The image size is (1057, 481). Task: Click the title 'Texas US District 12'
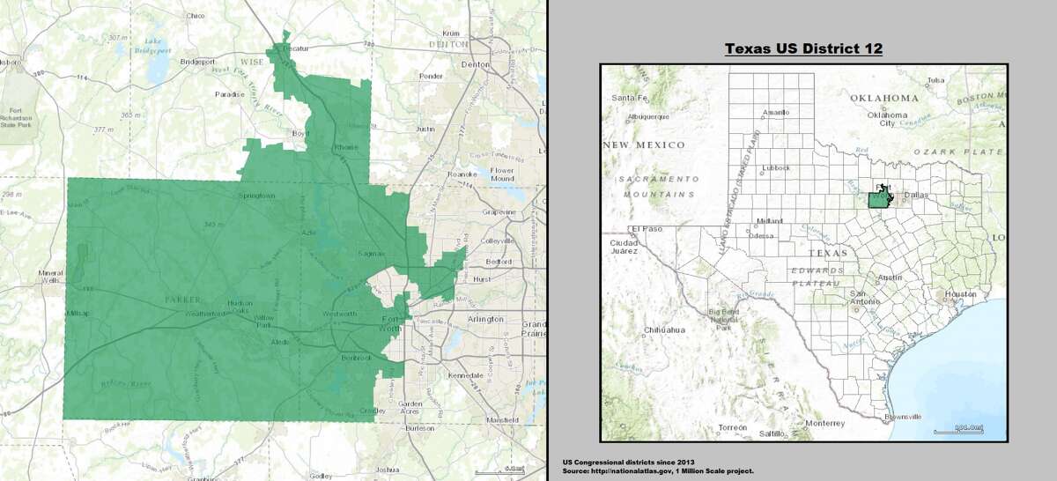coord(803,48)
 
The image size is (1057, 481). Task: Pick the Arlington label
coord(485,318)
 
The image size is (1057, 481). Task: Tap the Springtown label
coord(257,196)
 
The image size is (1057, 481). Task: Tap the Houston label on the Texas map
coord(959,293)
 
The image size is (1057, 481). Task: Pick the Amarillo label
coord(775,112)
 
